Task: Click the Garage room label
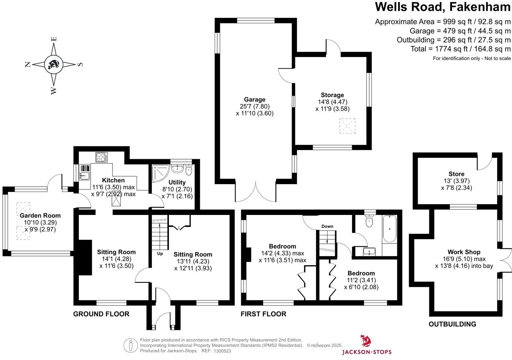tap(254, 99)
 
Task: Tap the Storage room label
tap(332, 95)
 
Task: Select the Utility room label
tap(177, 182)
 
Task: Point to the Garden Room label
tap(40, 216)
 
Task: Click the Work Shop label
tap(464, 252)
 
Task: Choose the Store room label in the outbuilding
tap(456, 174)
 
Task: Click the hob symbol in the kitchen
tap(101, 157)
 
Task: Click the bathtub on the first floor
tap(390, 229)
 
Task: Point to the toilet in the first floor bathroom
tap(370, 221)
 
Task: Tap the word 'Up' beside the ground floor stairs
tap(160, 254)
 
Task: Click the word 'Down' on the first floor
tap(327, 226)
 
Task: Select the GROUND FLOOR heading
tap(101, 314)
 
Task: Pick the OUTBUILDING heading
tap(452, 324)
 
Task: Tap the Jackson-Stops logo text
tap(367, 352)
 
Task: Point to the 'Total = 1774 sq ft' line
tap(460, 49)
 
